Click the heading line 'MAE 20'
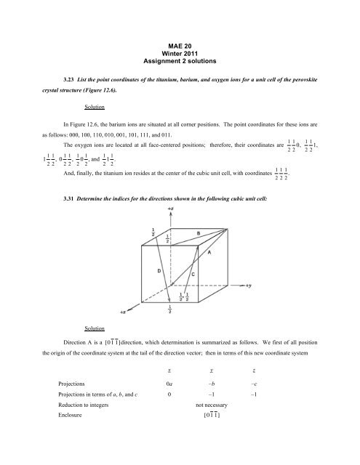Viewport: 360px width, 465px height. coord(179,47)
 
